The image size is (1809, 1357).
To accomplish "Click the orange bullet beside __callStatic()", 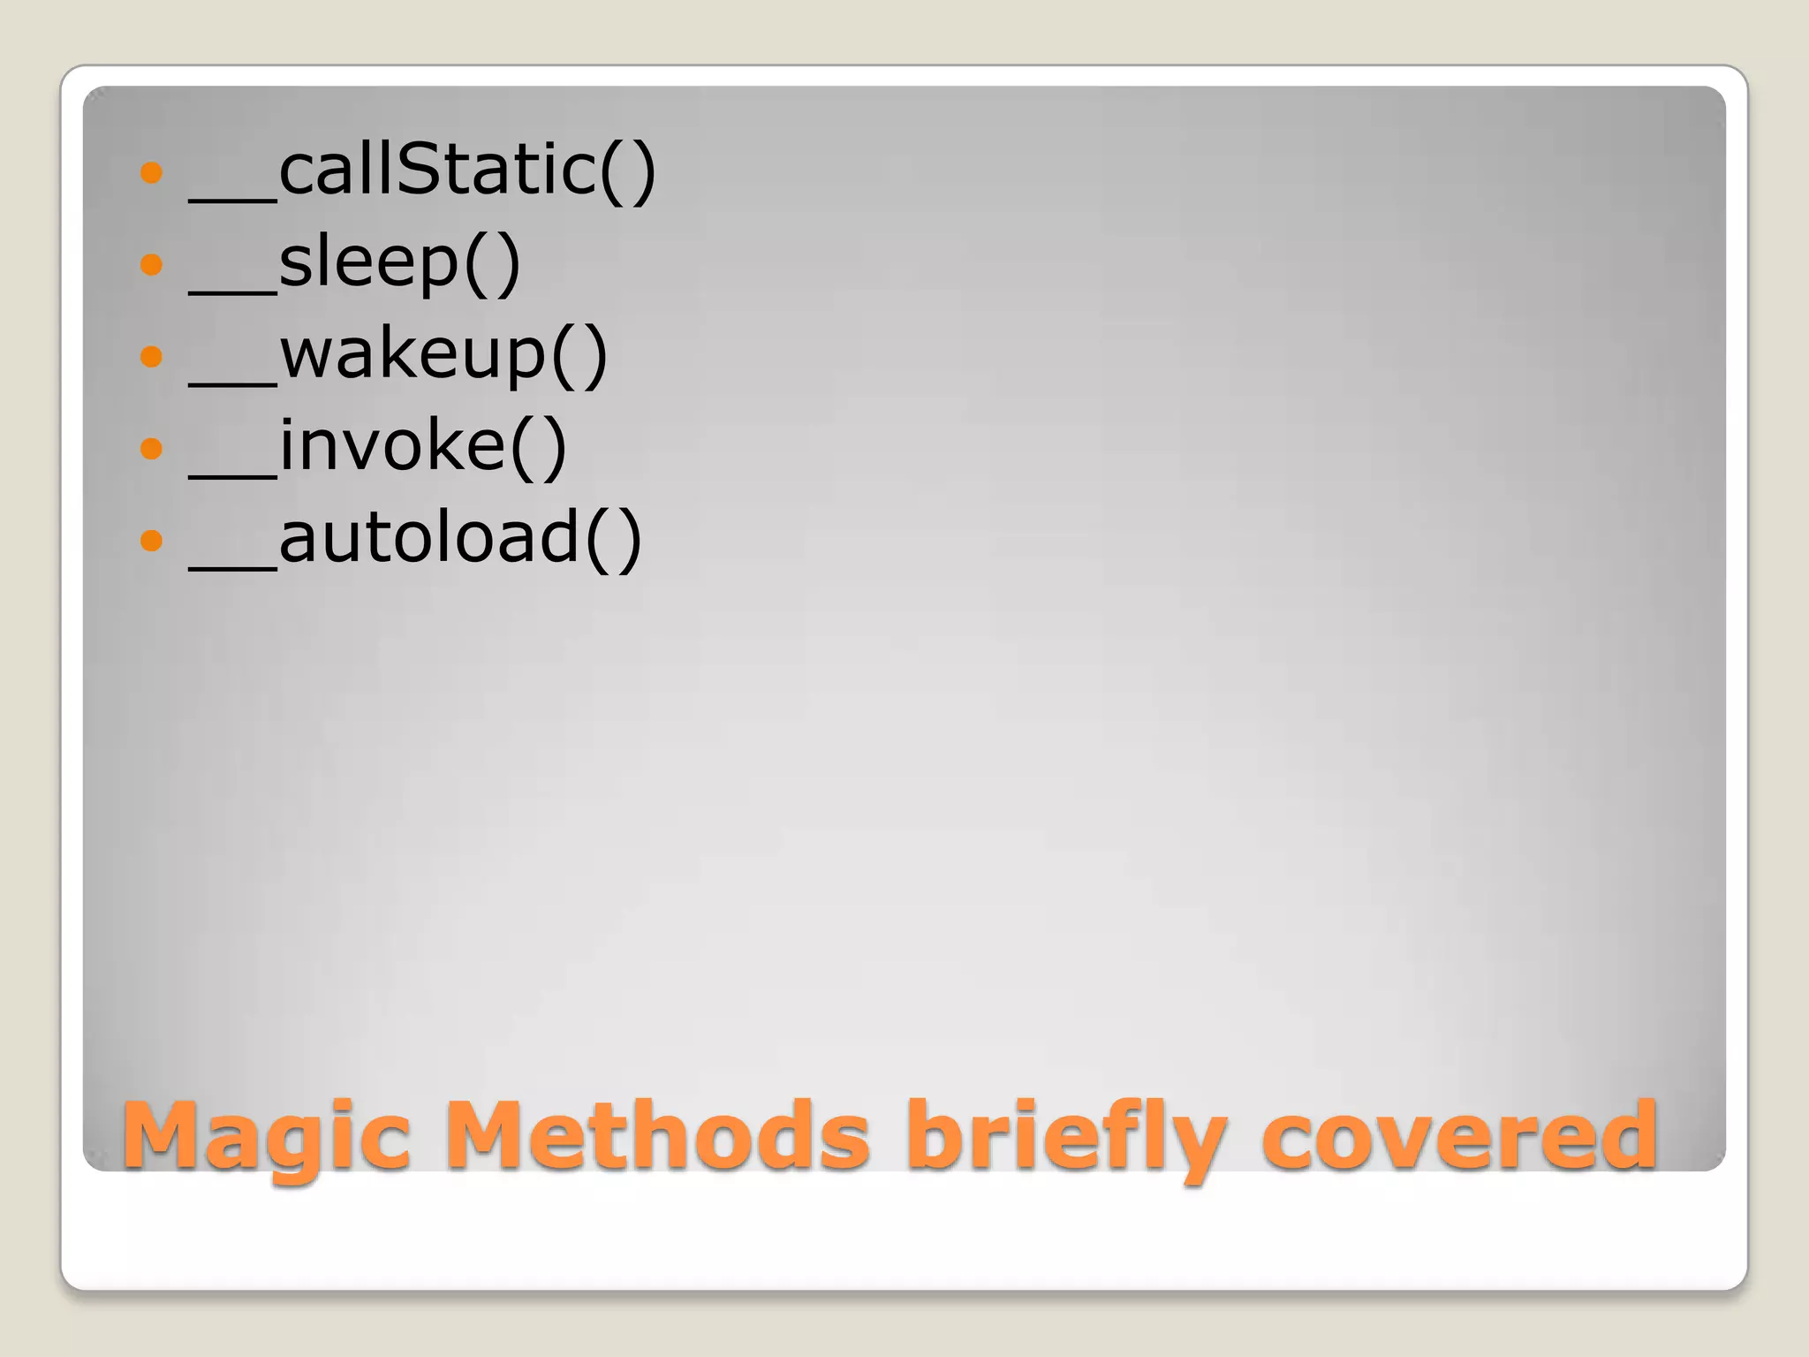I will [x=152, y=171].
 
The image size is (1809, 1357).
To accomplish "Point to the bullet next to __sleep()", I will [x=152, y=263].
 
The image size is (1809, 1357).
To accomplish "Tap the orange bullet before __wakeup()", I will [x=152, y=356].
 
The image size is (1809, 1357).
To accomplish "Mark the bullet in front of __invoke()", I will [x=152, y=448].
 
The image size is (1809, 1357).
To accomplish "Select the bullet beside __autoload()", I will [x=152, y=540].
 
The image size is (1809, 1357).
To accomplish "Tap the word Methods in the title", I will [x=658, y=1136].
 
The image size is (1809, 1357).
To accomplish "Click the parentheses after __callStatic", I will [x=628, y=171].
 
